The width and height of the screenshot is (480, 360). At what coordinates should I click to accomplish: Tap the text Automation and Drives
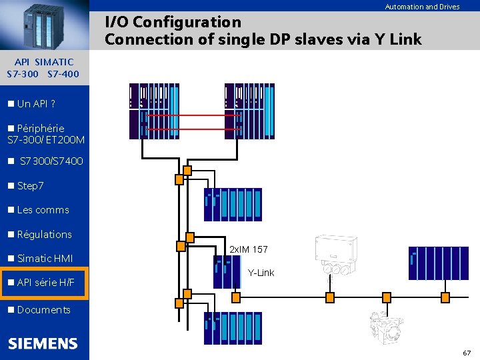point(422,7)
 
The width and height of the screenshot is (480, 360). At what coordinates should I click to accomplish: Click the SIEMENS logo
point(43,344)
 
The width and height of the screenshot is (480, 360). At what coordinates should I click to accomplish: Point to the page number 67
point(467,352)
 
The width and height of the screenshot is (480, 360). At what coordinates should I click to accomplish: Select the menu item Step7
point(30,185)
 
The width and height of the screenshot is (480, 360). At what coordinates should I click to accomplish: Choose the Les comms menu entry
point(43,210)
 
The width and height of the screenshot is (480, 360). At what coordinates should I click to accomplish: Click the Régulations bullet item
point(44,234)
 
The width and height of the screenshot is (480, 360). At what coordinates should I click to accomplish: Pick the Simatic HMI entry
point(45,259)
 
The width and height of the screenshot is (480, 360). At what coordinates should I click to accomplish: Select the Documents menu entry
point(43,310)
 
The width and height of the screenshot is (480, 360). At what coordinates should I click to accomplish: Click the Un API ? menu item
point(36,104)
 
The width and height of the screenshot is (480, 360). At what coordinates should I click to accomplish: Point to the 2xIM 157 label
point(249,249)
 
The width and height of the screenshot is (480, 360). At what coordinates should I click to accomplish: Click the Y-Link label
point(261,273)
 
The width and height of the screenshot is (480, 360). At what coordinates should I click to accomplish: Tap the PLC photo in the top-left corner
point(44,25)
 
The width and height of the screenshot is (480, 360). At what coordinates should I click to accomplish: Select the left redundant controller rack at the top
point(155,111)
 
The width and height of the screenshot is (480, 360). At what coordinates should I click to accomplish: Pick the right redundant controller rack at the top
point(249,111)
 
